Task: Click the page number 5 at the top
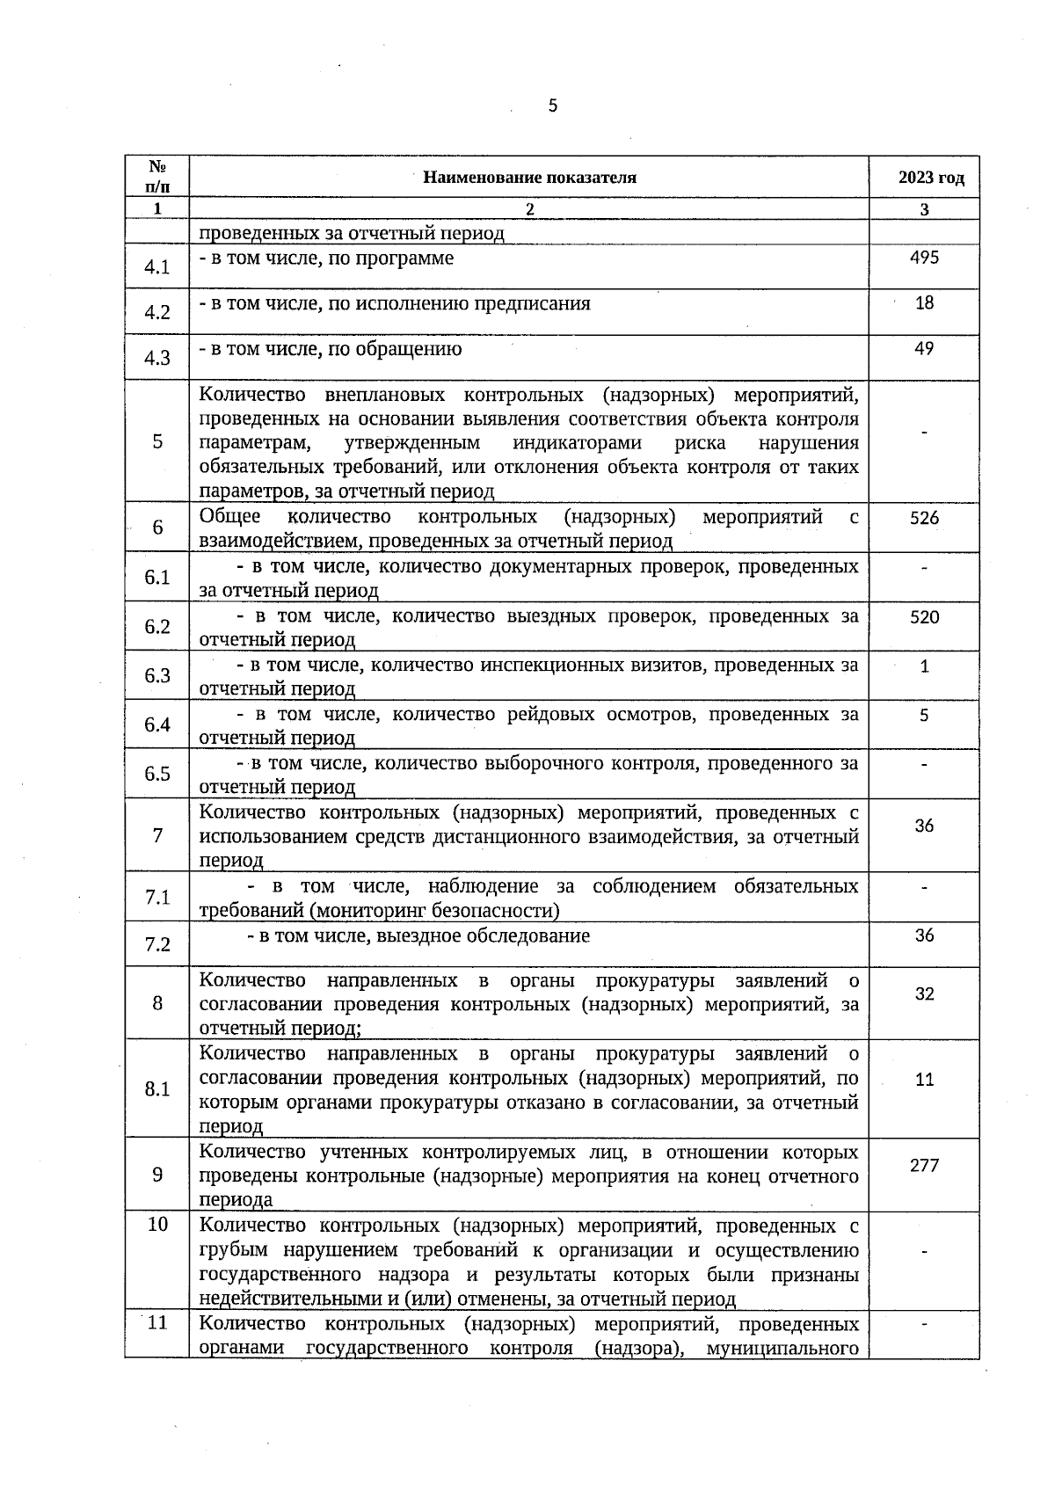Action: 552,106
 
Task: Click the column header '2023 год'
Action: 930,178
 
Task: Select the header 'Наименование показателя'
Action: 529,178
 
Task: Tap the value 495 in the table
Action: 924,258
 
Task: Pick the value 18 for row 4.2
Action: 924,303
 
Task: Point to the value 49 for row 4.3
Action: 924,349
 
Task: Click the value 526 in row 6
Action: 924,519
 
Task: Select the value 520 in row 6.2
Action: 924,618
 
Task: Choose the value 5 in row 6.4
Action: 924,716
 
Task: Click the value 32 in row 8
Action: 924,994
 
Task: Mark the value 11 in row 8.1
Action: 924,1080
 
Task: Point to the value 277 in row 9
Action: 924,1166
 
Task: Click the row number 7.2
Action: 157,945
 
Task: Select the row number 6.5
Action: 157,774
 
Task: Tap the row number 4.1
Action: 157,267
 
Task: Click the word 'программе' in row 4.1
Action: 411,258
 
